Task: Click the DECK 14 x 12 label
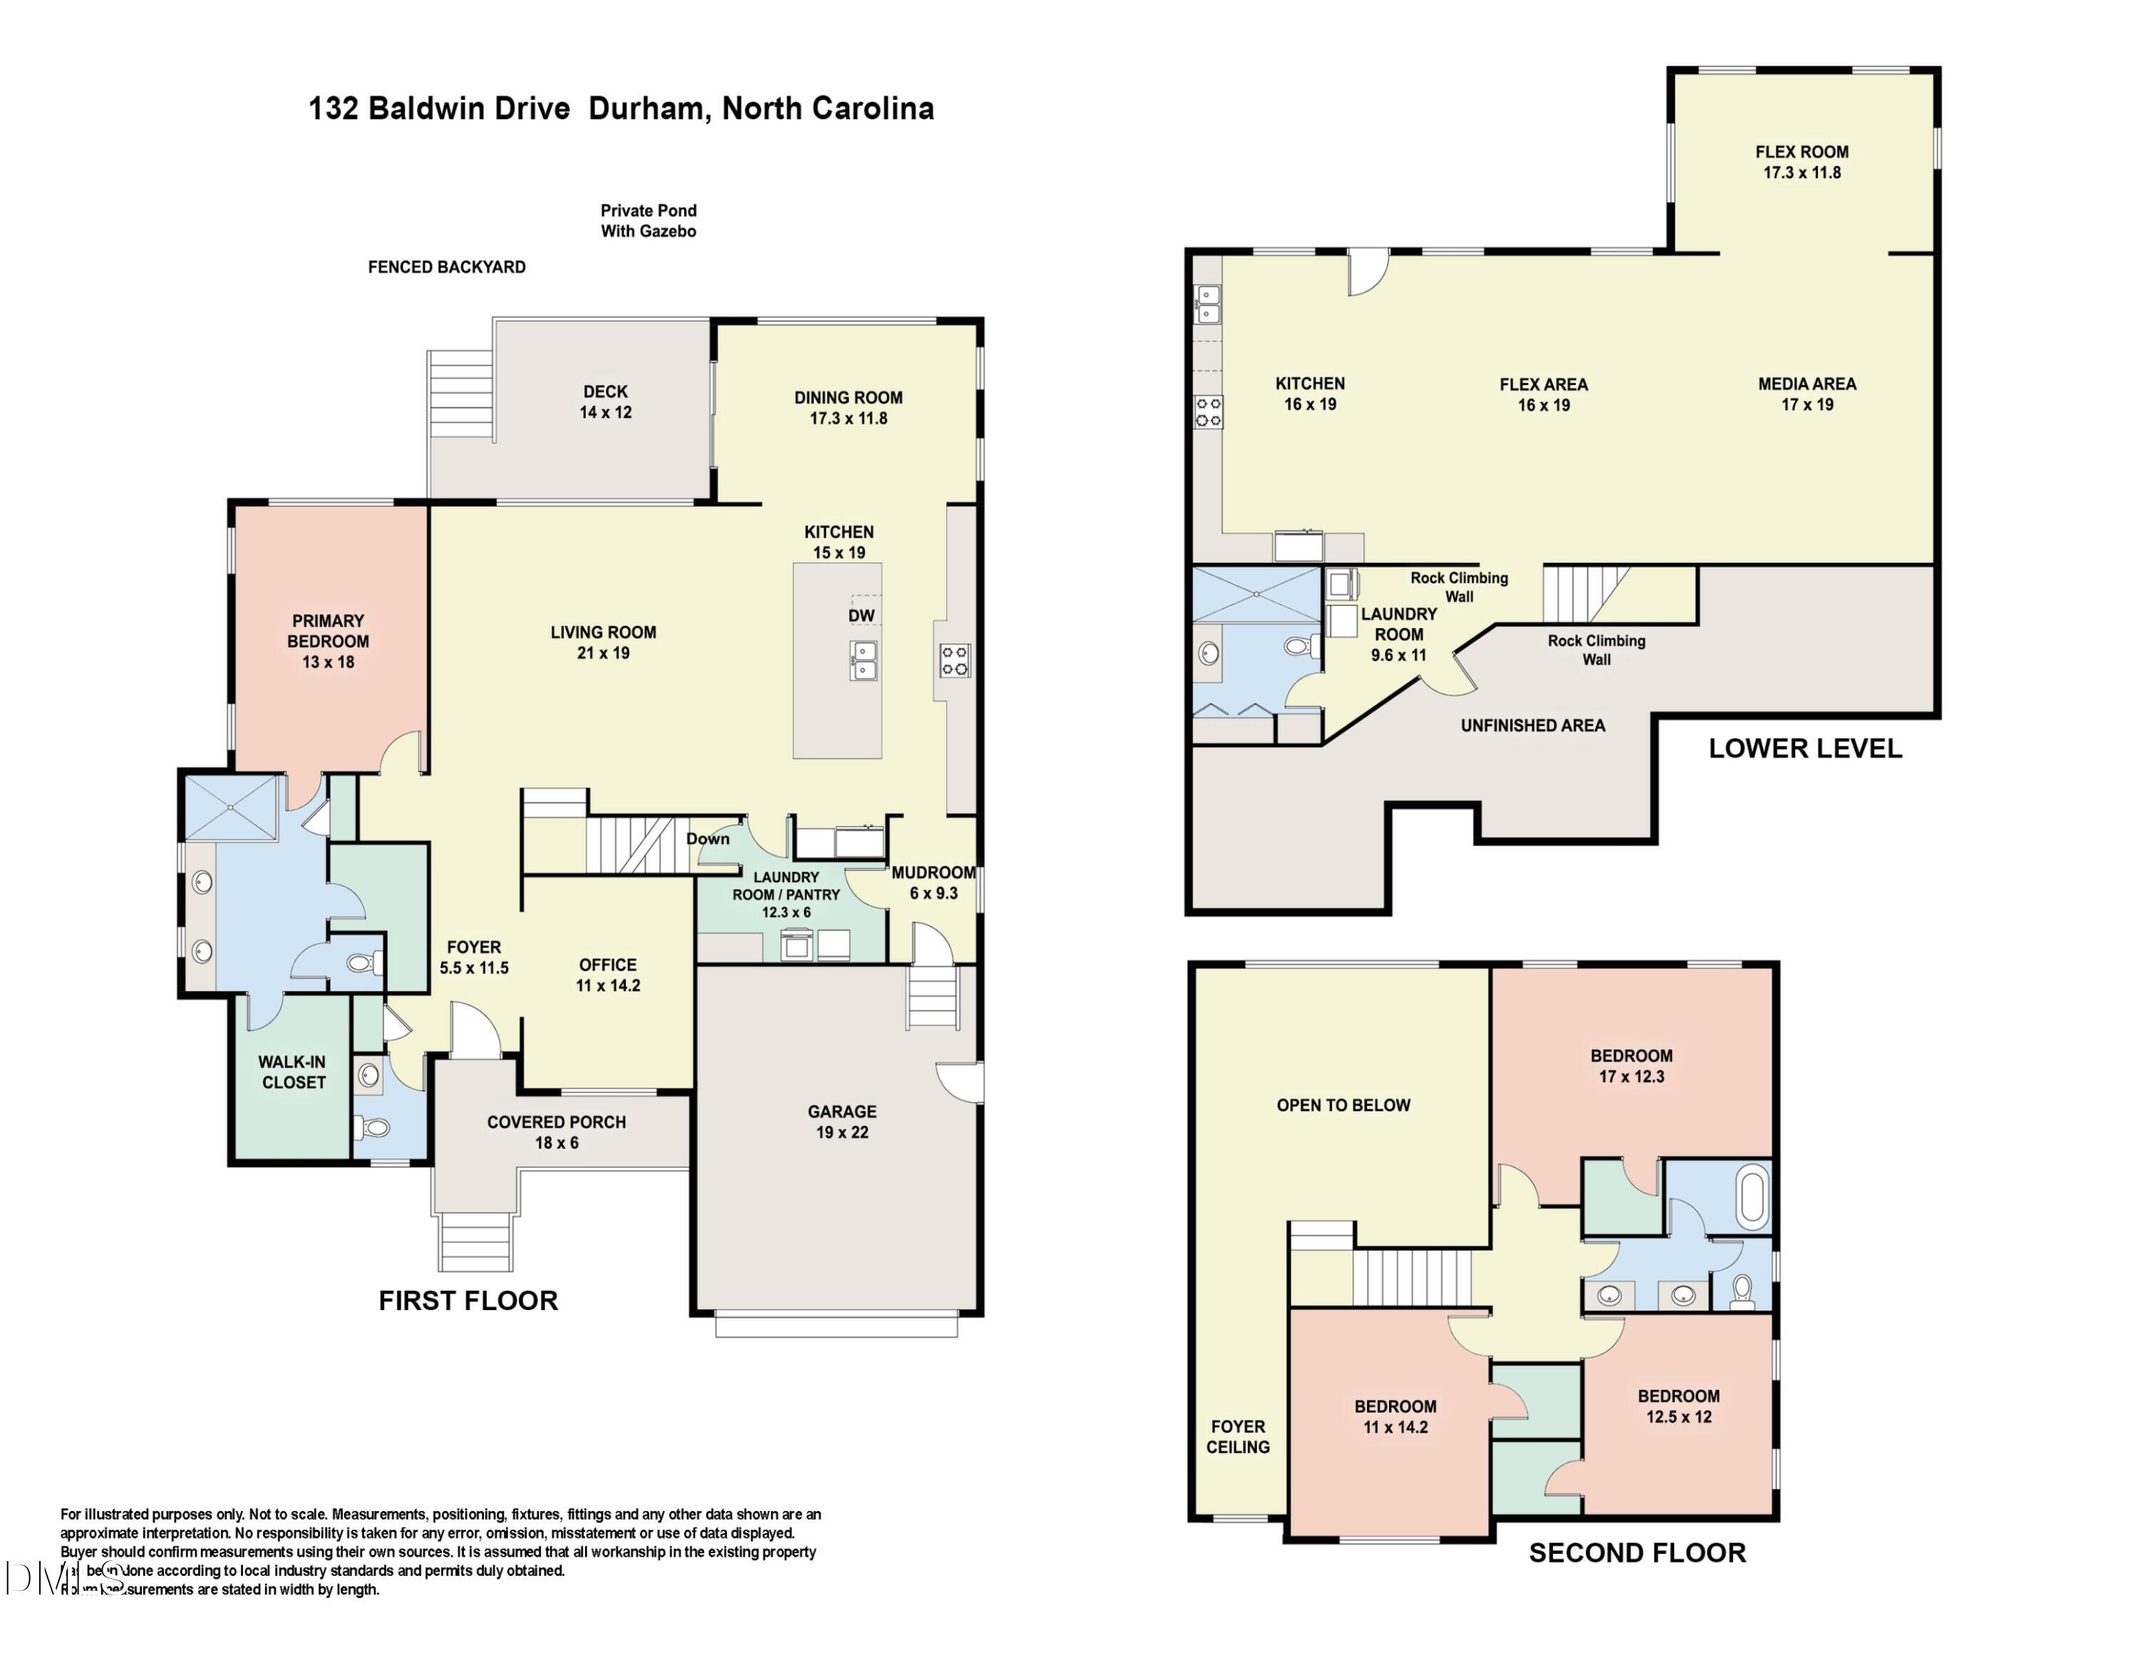point(605,401)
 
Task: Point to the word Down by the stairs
point(707,838)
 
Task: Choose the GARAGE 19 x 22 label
point(842,1121)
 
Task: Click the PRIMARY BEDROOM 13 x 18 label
point(328,641)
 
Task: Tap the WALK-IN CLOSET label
point(293,1071)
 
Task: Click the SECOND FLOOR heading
point(1637,1552)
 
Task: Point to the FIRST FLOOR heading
point(468,1301)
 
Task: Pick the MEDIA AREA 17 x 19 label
point(1807,394)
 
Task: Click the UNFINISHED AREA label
point(1533,726)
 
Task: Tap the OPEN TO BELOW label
point(1343,1105)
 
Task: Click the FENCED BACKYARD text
point(446,267)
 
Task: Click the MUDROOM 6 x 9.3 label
point(933,882)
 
